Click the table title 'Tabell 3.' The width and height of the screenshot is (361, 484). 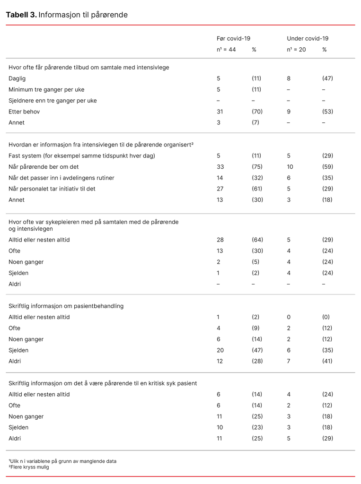[x=21, y=15]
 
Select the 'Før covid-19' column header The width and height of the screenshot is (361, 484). [x=233, y=39]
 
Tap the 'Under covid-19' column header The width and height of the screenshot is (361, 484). [x=307, y=39]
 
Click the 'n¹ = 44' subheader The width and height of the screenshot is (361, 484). [x=226, y=50]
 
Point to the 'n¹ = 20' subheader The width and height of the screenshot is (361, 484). [x=296, y=50]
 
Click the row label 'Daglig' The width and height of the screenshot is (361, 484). [x=17, y=78]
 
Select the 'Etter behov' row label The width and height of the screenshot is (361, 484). [x=24, y=112]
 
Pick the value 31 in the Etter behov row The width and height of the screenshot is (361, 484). [x=220, y=112]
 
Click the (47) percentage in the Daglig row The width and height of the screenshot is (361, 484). [x=327, y=78]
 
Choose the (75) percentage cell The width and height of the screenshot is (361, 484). [x=257, y=167]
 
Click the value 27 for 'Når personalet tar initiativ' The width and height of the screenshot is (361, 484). [x=220, y=189]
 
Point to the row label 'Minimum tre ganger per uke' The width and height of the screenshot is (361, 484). [x=46, y=89]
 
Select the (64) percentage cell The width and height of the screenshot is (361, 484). [x=257, y=240]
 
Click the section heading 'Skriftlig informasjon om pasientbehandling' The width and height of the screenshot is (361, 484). [x=66, y=306]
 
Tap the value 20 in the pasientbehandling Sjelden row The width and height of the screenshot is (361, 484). [x=220, y=350]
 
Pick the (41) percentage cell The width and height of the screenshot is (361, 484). [x=327, y=361]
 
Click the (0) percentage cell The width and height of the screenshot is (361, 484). [x=326, y=317]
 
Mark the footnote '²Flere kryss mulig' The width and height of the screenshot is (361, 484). [x=29, y=467]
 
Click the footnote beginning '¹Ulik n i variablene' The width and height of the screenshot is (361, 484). [x=62, y=461]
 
